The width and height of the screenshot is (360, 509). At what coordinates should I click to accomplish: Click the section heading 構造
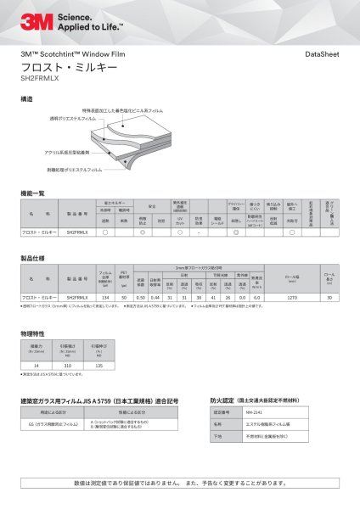tap(26, 99)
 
